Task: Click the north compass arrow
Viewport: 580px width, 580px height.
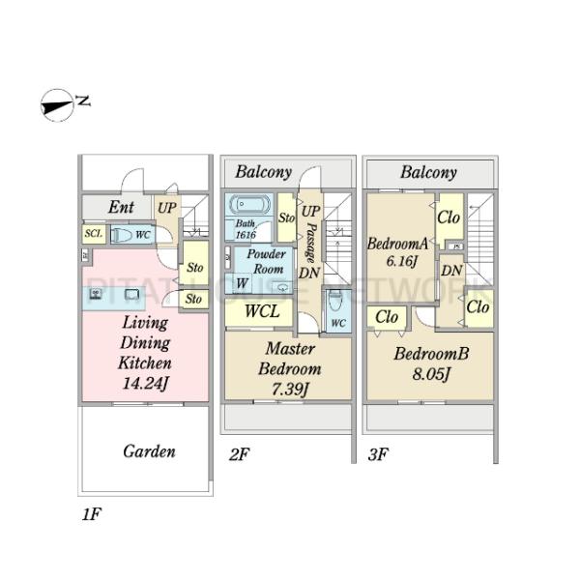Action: [x=56, y=104]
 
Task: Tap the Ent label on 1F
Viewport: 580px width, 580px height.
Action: [x=121, y=207]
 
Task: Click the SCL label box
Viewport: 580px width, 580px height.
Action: [x=93, y=234]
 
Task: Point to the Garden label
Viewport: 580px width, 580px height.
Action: [x=149, y=451]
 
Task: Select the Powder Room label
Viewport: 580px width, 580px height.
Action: [x=267, y=260]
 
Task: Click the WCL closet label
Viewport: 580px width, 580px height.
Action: [x=261, y=312]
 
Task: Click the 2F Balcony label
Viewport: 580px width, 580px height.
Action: [x=264, y=172]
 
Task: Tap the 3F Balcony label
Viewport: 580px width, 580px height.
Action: [x=428, y=172]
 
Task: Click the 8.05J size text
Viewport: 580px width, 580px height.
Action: [x=431, y=374]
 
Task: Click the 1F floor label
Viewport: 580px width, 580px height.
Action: [x=90, y=514]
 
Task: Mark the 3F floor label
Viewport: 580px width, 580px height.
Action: [x=376, y=453]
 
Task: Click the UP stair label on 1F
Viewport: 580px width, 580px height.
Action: [x=167, y=208]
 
